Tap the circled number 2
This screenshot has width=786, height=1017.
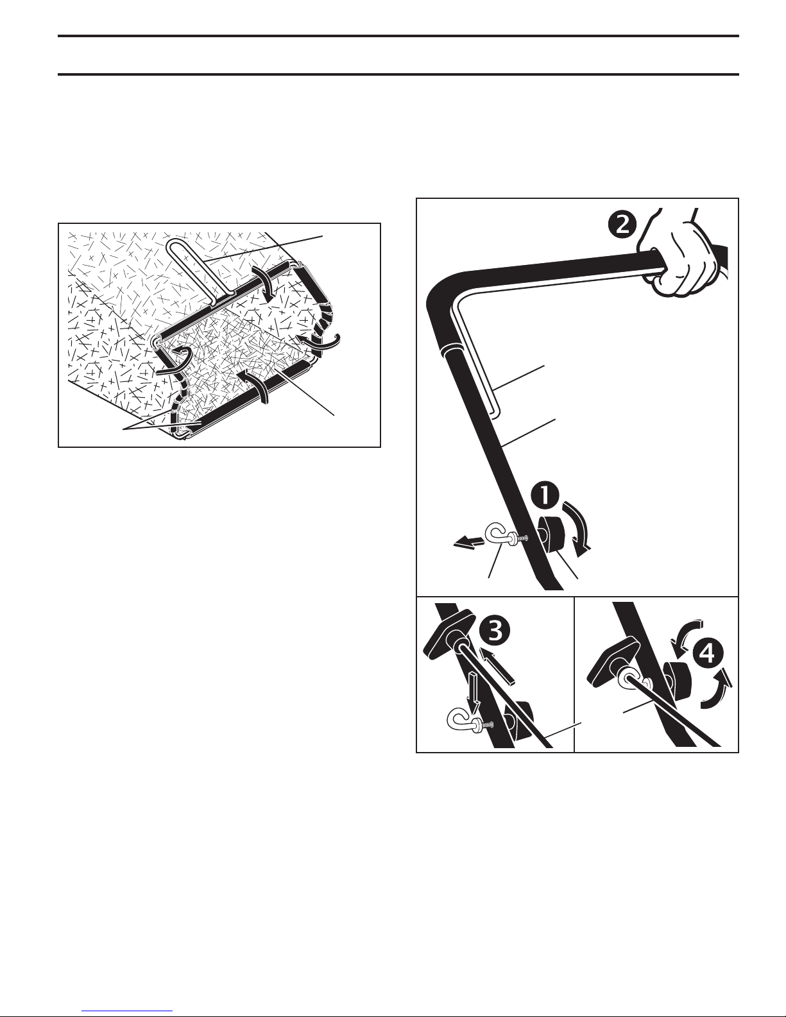pyautogui.click(x=623, y=226)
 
